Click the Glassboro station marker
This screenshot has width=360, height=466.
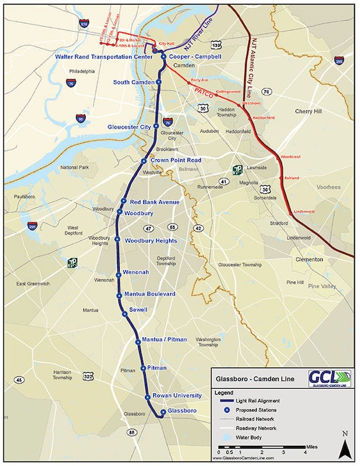(x=161, y=414)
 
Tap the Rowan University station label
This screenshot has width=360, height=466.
(x=176, y=395)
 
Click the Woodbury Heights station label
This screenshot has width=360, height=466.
(x=150, y=240)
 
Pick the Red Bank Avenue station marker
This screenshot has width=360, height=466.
(x=124, y=202)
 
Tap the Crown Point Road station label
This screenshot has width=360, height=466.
(x=176, y=160)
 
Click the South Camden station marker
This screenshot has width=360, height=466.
(x=158, y=82)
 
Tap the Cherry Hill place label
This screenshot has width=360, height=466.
(x=308, y=111)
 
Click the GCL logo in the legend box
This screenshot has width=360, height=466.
(x=328, y=379)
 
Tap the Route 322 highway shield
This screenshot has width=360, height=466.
(x=89, y=377)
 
